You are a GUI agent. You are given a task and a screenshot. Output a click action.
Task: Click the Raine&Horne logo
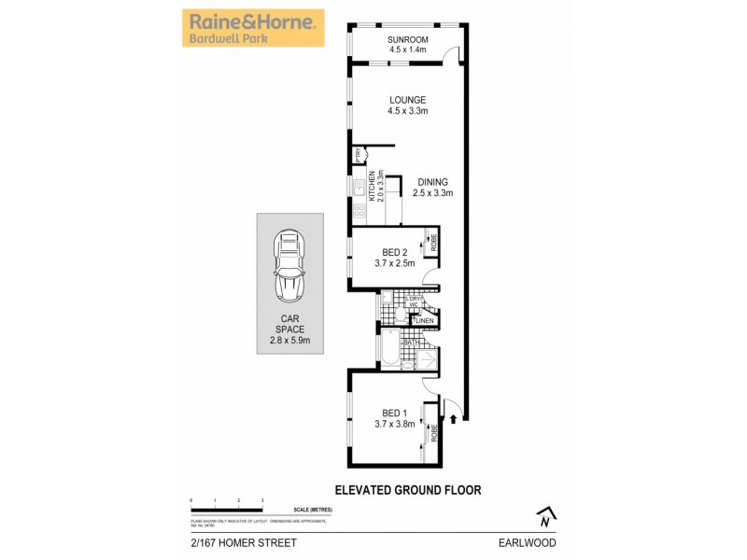pyautogui.click(x=252, y=28)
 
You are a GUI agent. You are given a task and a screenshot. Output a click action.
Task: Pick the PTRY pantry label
pyautogui.click(x=358, y=156)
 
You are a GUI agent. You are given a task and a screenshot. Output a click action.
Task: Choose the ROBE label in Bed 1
pyautogui.click(x=434, y=433)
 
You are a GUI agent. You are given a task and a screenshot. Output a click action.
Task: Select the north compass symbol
pyautogui.click(x=545, y=515)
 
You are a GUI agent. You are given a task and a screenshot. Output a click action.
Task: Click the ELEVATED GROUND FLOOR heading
pyautogui.click(x=407, y=489)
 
